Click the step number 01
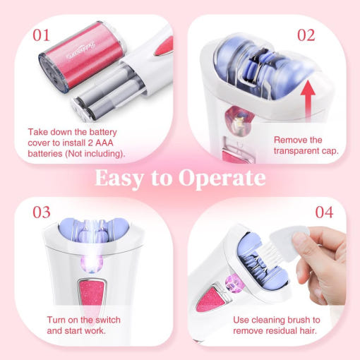[41, 35]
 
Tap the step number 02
[306, 35]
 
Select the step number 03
[42, 212]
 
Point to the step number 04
[324, 212]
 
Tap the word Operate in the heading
[222, 179]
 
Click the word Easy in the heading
[119, 179]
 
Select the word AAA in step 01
[104, 143]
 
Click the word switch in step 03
[108, 320]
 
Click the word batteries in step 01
[45, 154]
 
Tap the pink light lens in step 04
[232, 283]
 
